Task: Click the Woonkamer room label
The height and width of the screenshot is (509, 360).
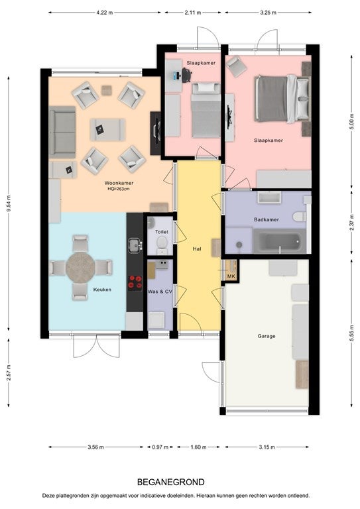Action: point(119,183)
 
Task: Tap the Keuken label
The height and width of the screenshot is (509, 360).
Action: point(102,290)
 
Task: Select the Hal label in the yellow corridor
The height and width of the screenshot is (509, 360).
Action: point(197,249)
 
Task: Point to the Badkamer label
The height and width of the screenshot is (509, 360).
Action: point(267,220)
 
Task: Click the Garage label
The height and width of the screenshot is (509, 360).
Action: point(267,336)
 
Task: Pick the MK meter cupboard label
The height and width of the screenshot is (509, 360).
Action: point(231,276)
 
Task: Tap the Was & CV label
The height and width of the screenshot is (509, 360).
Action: point(160,292)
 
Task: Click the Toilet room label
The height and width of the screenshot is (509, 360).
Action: point(162,232)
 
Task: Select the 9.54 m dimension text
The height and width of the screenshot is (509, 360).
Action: point(9,203)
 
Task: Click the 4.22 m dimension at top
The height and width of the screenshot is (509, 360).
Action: point(105,13)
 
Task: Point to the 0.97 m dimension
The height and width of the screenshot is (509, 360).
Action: point(160,447)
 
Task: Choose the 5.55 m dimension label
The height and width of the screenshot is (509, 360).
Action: point(351,333)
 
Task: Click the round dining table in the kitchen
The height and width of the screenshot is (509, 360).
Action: point(80,268)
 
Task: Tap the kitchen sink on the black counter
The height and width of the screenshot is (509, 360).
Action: point(135,246)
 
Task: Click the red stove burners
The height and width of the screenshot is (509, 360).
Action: point(135,282)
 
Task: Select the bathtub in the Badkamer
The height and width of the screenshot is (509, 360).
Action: point(280,241)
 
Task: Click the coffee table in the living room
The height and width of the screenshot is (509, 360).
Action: point(107,129)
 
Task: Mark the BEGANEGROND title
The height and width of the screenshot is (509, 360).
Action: point(171,482)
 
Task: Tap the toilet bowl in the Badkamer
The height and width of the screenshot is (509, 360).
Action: point(299,216)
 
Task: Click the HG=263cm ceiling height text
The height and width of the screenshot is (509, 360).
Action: point(119,189)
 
